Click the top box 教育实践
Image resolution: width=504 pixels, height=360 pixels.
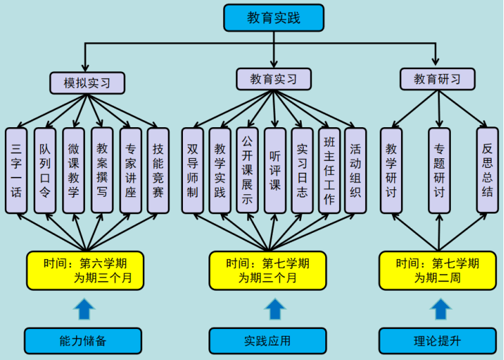273,18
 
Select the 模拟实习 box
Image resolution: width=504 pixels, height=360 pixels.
87,83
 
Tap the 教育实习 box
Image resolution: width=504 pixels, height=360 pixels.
274,79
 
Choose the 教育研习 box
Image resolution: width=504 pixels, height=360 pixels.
438,79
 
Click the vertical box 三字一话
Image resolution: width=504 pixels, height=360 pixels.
17,170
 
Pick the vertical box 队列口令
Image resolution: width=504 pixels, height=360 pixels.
45,170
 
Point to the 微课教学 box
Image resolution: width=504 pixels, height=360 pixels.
73,170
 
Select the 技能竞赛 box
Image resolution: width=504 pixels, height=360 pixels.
158,170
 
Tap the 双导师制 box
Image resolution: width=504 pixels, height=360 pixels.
193,170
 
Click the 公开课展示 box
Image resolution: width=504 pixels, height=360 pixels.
247,170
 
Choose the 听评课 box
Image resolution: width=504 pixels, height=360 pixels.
275,170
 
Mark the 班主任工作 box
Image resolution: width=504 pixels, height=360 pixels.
329,170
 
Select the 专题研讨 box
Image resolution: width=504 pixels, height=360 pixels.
439,170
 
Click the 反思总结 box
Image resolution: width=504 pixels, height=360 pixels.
487,170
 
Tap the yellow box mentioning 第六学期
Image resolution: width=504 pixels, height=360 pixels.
85,270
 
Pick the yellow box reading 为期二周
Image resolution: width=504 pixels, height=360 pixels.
438,270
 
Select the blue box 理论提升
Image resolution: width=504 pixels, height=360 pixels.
438,341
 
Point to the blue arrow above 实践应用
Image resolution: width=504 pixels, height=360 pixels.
275,309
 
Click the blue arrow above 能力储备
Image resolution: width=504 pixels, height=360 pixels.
85,309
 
